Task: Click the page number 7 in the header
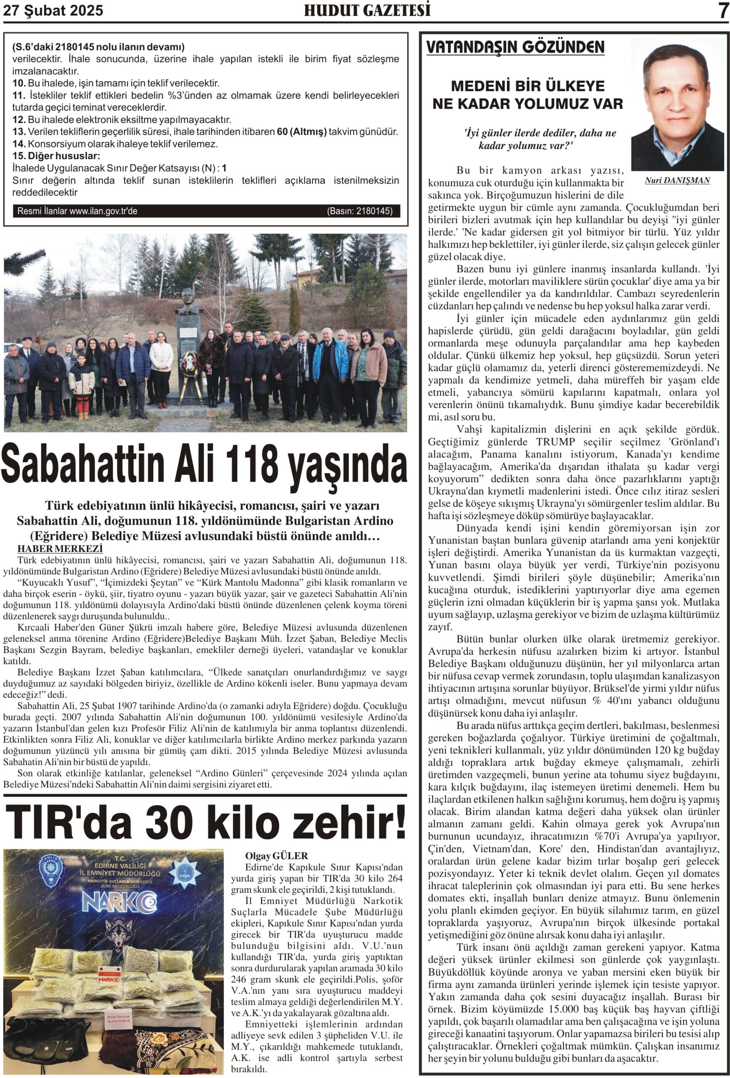pos(722,11)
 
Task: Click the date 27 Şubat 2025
pos(53,11)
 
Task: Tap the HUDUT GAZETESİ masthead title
pos(367,10)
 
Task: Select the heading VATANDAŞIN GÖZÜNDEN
pos(515,47)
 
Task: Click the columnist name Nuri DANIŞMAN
pos(677,181)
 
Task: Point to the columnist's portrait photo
pos(677,104)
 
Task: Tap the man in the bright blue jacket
pos(330,362)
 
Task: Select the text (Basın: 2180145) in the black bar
pos(360,211)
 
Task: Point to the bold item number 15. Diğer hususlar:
pos(56,156)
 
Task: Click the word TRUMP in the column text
pos(555,442)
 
